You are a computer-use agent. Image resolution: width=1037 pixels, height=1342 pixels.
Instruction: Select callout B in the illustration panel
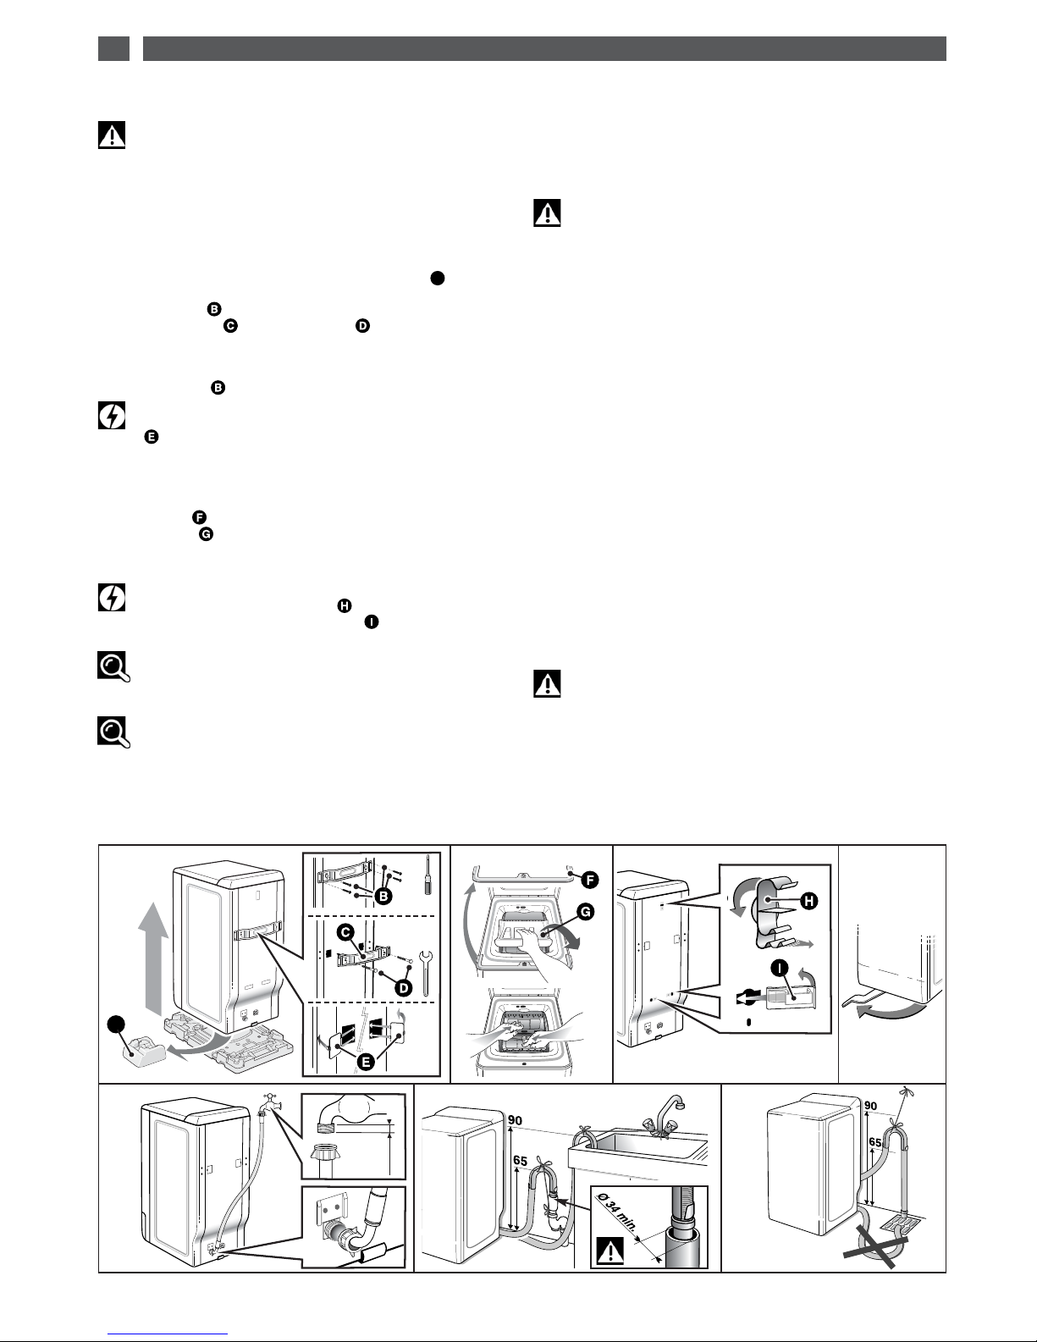coord(383,896)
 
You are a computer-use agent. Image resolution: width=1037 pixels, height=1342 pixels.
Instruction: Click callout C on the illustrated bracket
coord(345,932)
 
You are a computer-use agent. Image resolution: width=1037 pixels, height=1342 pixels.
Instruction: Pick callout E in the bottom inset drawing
coord(366,1062)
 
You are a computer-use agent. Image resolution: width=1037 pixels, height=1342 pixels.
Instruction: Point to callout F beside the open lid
coord(590,880)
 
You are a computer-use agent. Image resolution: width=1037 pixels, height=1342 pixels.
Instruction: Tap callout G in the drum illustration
coord(585,912)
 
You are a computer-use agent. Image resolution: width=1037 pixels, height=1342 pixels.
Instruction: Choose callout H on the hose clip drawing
coord(808,901)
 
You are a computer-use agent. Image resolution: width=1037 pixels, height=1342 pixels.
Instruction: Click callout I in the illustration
coord(781,968)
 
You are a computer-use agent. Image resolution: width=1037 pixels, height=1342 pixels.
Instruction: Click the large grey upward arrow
coord(152,958)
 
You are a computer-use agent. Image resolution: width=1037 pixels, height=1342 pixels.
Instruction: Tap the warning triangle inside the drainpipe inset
coord(610,1250)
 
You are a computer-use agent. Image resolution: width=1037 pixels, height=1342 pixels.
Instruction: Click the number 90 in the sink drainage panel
coord(515,1120)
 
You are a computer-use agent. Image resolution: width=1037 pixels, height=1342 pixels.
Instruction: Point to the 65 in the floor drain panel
coord(875,1142)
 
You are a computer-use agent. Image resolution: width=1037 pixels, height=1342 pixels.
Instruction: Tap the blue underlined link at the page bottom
coord(168,1333)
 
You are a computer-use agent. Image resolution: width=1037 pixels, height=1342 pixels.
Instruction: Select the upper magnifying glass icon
coord(113,666)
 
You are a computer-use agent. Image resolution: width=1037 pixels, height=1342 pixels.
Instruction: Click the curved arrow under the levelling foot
coord(890,1012)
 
